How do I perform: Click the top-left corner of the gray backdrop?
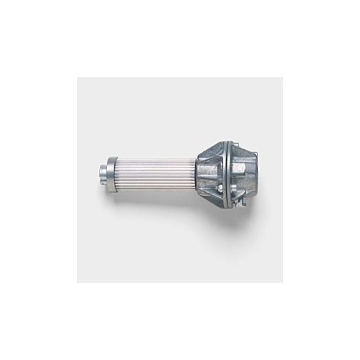tap(78, 78)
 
